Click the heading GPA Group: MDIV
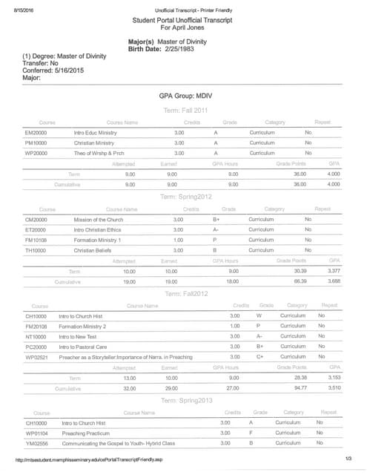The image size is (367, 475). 185,97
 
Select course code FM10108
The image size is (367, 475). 36,240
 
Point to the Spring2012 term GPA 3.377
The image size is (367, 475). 334,272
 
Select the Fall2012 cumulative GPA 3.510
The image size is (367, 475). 334,387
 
